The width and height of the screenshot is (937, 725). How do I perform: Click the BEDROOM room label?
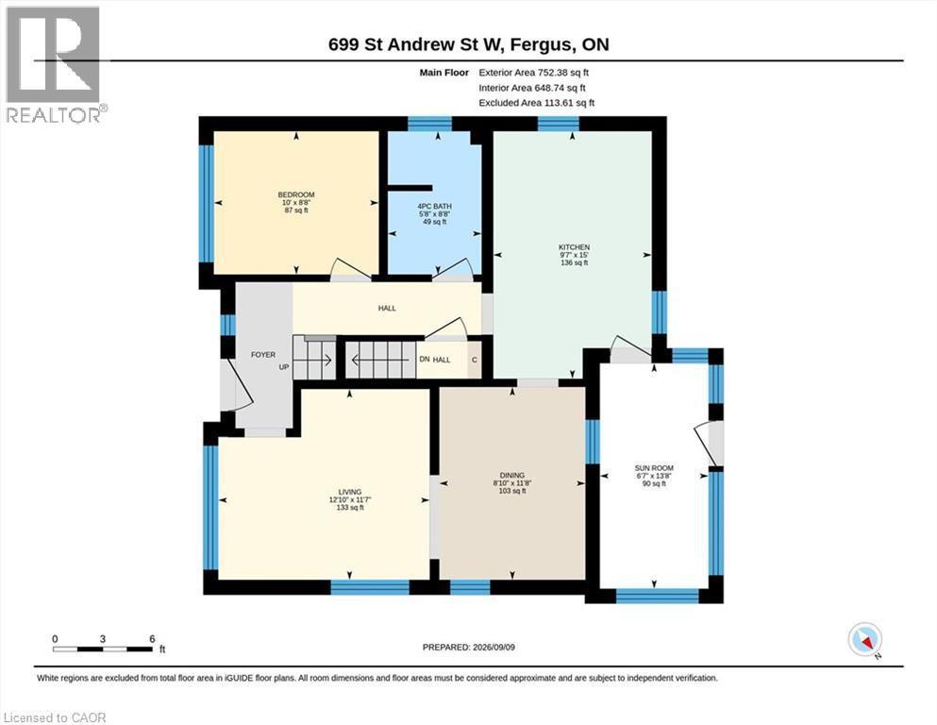pos(295,194)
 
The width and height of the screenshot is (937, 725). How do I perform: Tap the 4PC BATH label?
pos(434,206)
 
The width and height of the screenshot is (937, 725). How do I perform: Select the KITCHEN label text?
pos(575,246)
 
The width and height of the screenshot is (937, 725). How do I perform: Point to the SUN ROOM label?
pos(654,468)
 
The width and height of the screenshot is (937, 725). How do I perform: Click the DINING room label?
pos(512,475)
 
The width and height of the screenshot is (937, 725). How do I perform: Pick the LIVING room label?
pos(349,492)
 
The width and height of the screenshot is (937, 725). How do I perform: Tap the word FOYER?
pos(263,354)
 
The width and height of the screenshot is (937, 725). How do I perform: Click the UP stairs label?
pos(284,367)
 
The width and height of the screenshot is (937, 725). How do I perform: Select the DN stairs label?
pos(425,360)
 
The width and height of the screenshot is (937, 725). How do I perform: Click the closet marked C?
pos(475,360)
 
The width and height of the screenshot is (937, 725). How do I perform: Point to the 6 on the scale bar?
pos(152,639)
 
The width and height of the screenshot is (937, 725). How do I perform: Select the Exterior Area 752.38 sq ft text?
pos(534,73)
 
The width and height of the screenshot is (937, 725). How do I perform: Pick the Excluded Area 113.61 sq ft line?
pos(537,103)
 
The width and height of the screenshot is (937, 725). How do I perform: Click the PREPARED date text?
pos(468,647)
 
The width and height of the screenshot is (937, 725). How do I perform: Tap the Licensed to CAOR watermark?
pos(55,717)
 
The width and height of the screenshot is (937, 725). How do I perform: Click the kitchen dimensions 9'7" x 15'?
pos(575,255)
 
